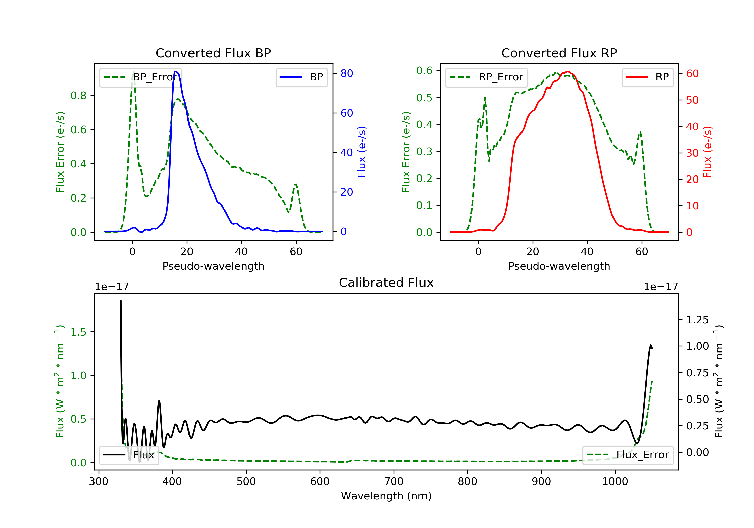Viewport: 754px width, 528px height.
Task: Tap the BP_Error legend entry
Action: [140, 77]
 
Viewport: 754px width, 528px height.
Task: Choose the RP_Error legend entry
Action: [486, 77]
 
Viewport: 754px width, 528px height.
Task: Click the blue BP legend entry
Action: [301, 77]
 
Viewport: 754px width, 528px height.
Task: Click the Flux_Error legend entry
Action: [628, 455]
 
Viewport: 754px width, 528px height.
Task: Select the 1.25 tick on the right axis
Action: [697, 320]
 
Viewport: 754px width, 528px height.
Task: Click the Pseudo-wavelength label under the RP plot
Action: [559, 266]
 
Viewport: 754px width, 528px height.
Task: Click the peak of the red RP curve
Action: [568, 71]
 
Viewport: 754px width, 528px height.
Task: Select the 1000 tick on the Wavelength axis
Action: [615, 482]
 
